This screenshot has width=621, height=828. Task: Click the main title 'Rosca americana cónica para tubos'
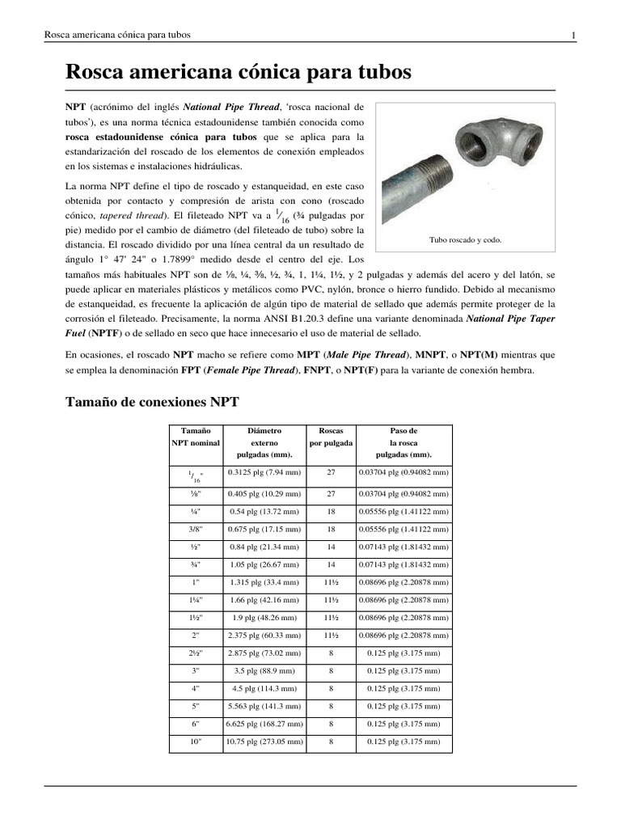click(x=238, y=72)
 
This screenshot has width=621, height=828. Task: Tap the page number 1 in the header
click(x=572, y=35)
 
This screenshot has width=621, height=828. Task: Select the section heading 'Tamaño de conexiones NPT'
click(x=152, y=401)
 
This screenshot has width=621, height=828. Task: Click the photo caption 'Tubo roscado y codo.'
click(x=465, y=241)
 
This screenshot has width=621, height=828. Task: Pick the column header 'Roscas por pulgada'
click(x=331, y=437)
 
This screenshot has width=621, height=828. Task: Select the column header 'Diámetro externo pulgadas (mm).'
click(x=264, y=442)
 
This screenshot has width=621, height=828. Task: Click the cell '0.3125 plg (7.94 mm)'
click(x=264, y=472)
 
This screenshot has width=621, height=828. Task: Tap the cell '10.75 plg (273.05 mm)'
click(x=264, y=741)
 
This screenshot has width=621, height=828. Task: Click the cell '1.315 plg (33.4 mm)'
click(x=264, y=582)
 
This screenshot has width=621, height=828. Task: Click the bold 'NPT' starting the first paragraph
click(x=75, y=107)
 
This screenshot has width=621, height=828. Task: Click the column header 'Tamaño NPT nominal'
click(x=196, y=437)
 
